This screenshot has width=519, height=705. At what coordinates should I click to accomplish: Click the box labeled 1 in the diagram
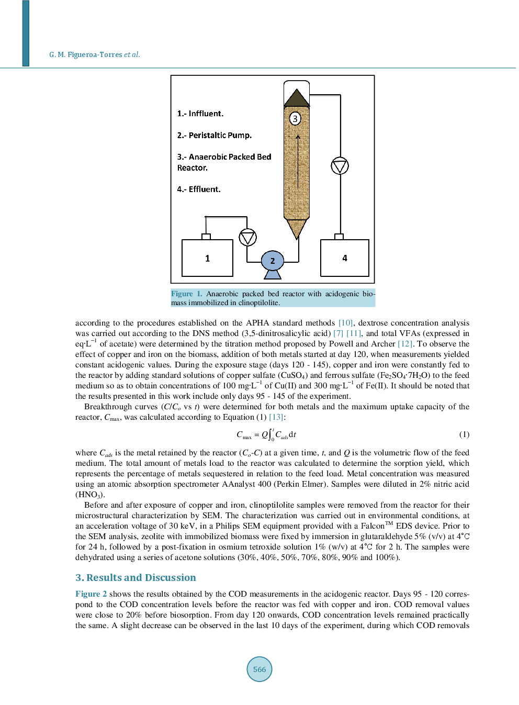click(x=207, y=258)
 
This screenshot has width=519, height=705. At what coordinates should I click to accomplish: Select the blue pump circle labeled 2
click(x=272, y=261)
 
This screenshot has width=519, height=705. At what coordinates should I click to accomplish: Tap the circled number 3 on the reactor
click(x=295, y=118)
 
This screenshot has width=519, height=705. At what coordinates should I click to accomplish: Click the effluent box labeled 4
click(x=344, y=258)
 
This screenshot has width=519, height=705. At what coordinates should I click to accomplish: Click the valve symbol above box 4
click(x=340, y=166)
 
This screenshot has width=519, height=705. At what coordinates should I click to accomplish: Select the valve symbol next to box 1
click(x=247, y=238)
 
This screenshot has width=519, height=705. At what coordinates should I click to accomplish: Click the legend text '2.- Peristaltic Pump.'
click(x=214, y=135)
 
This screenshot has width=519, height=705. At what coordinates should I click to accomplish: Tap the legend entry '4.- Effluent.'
click(x=198, y=189)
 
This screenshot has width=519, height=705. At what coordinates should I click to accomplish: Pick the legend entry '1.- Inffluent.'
click(x=200, y=114)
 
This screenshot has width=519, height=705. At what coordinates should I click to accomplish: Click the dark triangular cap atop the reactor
click(x=297, y=98)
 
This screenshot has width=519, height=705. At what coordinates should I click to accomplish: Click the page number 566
click(x=259, y=669)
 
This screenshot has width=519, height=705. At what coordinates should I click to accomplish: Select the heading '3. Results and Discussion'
click(x=136, y=578)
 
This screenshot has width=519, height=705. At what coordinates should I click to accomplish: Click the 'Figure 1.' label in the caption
click(x=186, y=294)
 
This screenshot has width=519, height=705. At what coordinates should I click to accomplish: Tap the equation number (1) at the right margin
click(x=464, y=434)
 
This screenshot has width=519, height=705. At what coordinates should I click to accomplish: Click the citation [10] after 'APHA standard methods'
click(x=345, y=323)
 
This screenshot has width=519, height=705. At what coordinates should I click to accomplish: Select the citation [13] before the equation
click(x=276, y=417)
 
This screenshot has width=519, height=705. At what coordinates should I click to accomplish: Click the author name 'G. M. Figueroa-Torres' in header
click(x=86, y=55)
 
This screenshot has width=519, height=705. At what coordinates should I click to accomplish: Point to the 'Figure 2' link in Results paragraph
click(x=91, y=594)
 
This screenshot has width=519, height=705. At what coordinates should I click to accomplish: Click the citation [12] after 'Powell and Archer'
click(x=405, y=344)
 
